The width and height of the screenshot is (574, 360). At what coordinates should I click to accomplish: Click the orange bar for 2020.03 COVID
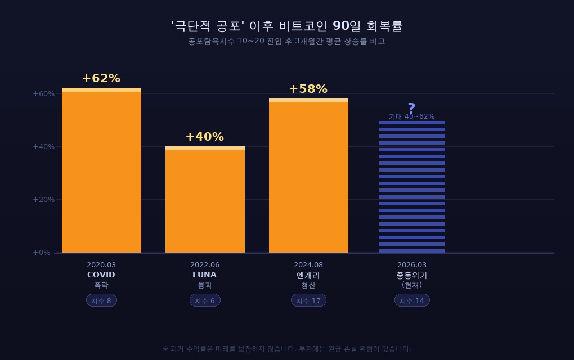pos(101,172)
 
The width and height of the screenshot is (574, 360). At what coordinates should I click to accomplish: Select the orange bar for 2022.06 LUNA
pos(205,200)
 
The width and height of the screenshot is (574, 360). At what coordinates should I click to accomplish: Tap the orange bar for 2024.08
pos(308,177)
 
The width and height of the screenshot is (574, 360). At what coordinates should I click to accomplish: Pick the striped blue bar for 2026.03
pos(412,187)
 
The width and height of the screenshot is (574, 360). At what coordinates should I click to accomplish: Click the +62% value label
pos(101,78)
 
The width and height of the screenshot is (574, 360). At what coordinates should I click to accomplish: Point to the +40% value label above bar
pos(205,137)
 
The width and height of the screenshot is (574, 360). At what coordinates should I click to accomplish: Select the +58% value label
pos(308,89)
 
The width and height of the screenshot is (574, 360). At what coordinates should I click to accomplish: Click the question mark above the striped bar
pos(411,108)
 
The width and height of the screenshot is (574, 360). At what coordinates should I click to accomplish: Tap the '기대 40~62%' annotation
pos(411,116)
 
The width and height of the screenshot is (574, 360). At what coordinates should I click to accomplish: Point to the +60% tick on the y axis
pos(44,93)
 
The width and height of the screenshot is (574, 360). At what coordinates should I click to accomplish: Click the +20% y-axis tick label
pos(44,199)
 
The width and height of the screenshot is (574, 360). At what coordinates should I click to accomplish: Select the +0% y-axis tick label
pos(42,253)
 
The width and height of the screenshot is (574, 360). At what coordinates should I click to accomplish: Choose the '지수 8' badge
pos(101,300)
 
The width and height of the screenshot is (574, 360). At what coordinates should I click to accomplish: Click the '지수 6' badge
pos(205,300)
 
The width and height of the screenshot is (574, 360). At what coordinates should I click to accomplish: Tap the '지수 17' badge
pos(308,300)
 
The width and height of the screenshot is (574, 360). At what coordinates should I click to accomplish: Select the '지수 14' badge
pos(412,300)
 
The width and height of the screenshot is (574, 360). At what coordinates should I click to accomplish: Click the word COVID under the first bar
pos(101,275)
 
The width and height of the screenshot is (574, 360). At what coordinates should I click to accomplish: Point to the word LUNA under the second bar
pos(205,275)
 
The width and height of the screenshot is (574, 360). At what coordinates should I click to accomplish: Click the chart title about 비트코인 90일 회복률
pos(287,26)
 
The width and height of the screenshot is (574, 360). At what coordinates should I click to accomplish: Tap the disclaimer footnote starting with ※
pos(287,349)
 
